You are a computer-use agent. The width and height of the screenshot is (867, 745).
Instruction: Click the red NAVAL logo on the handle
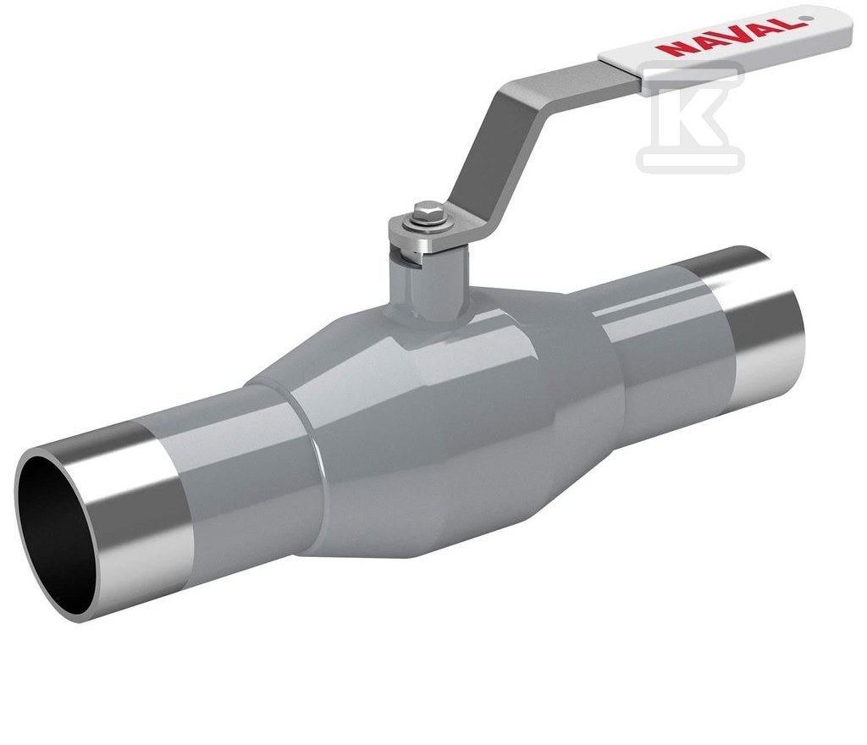(728, 36)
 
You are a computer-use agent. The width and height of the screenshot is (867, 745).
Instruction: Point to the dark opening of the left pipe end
(55, 532)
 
